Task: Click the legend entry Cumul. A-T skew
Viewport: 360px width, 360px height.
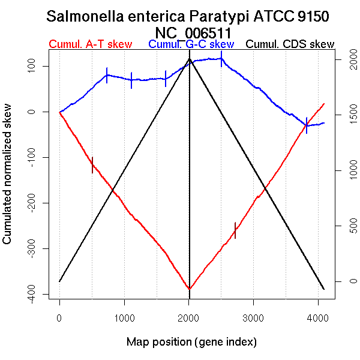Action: click(x=90, y=44)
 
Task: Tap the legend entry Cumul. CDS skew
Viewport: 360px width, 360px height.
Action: click(x=290, y=44)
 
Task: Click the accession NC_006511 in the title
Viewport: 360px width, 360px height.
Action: click(x=193, y=32)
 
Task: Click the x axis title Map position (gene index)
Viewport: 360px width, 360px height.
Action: click(x=191, y=342)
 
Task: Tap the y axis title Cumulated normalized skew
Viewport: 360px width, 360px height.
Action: click(x=8, y=181)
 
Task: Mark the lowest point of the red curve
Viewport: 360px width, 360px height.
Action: click(x=190, y=289)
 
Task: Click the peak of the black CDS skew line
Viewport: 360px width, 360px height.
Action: click(x=190, y=59)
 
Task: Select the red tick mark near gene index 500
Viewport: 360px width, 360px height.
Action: click(x=92, y=164)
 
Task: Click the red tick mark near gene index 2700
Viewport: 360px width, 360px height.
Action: click(x=235, y=230)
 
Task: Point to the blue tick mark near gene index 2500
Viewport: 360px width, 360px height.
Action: click(x=221, y=59)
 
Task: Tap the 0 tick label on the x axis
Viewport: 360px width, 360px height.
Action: click(x=59, y=318)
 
